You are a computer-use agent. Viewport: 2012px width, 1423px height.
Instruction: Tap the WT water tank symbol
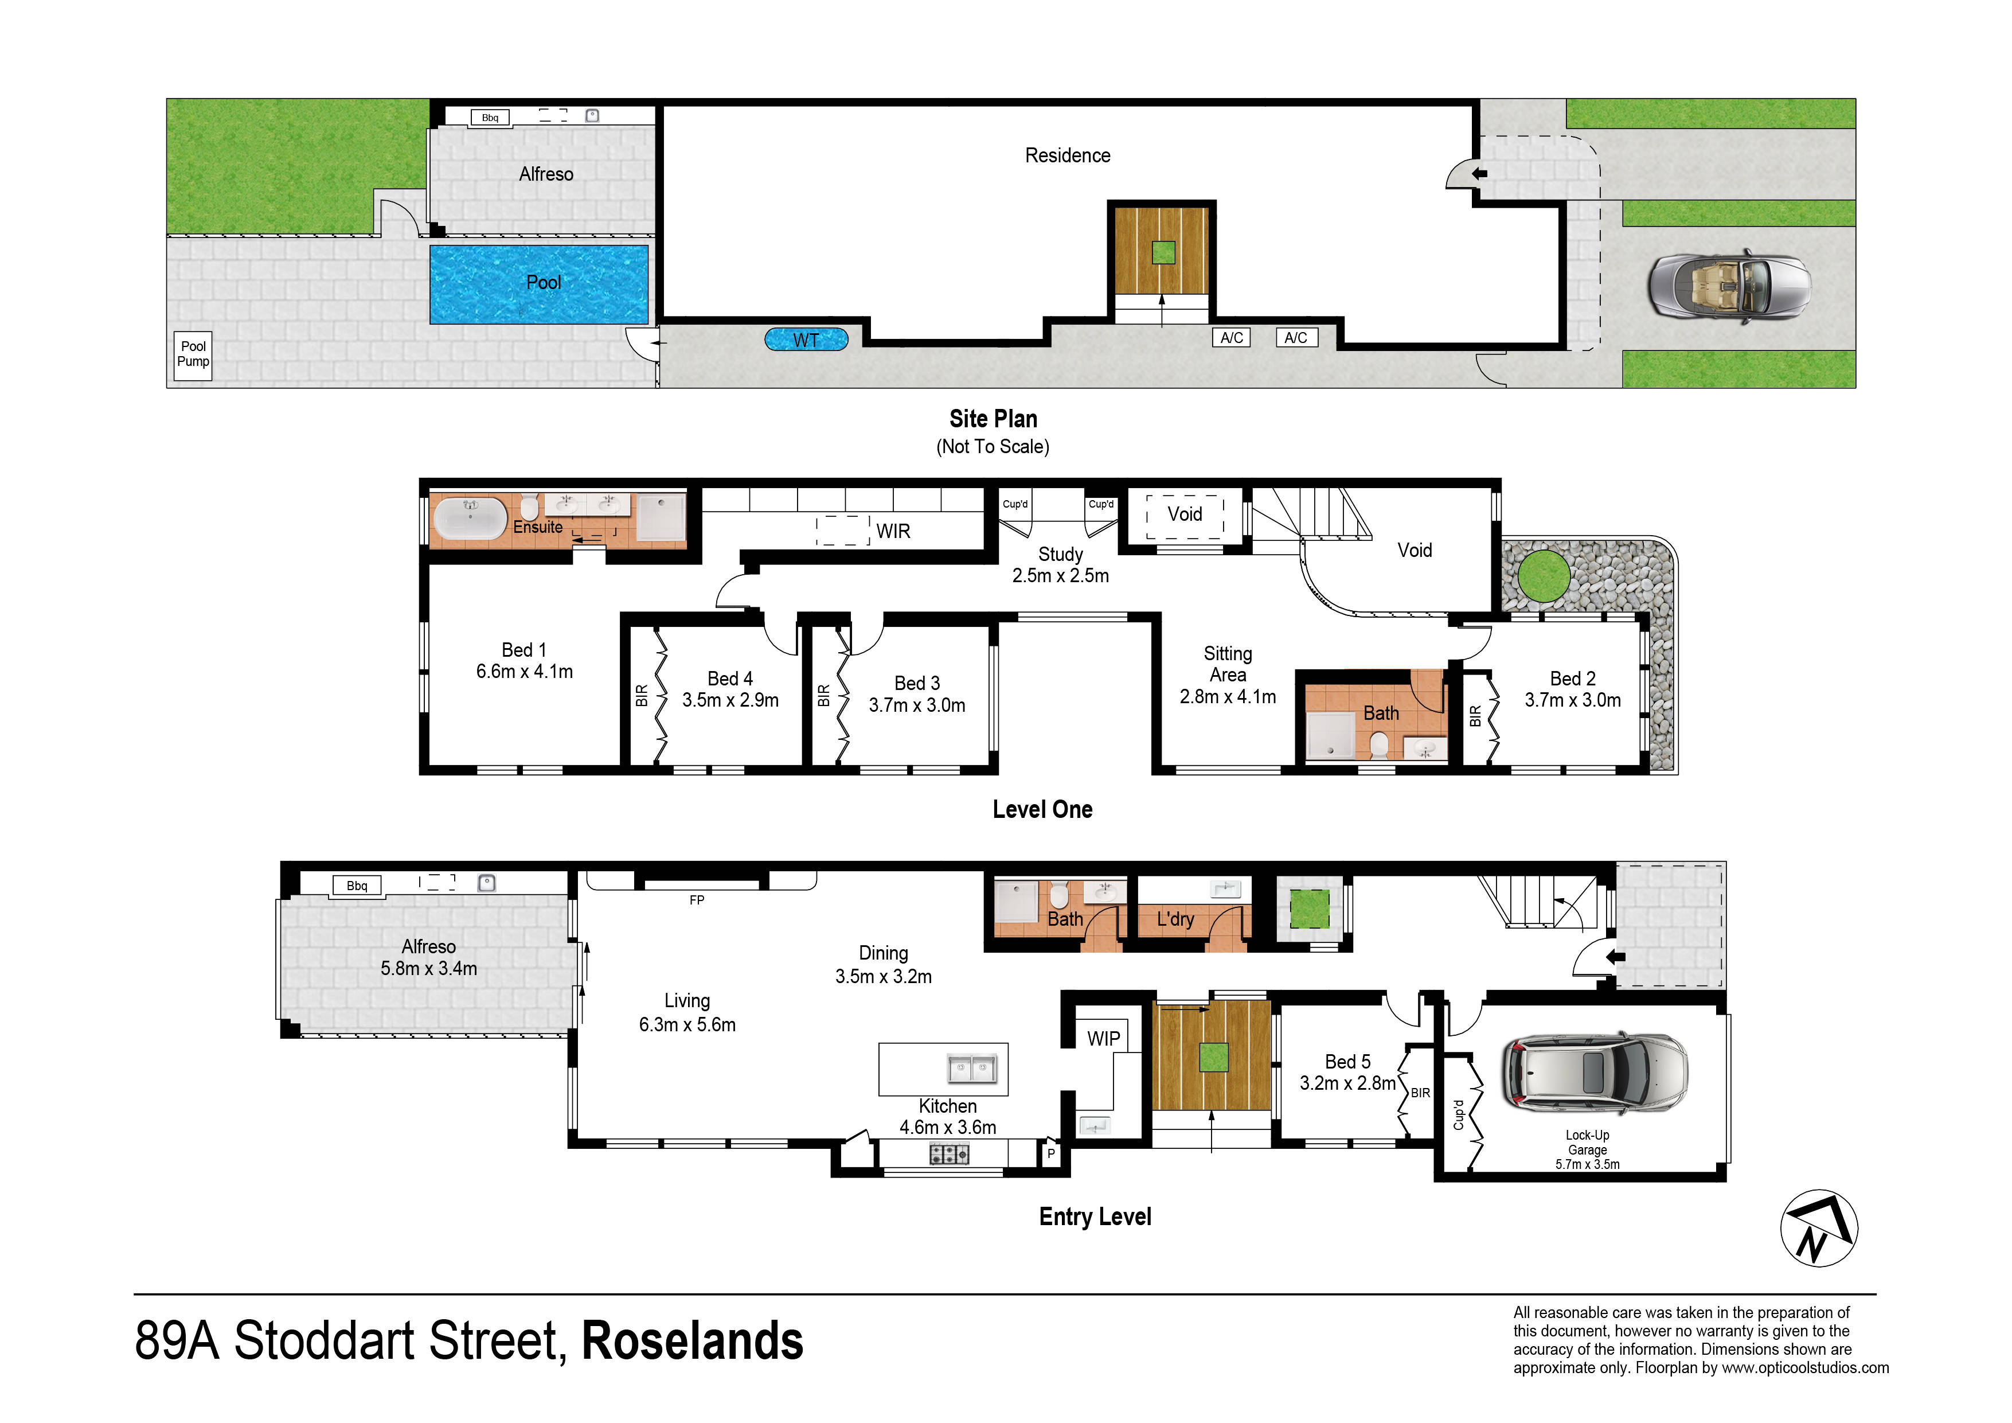click(806, 340)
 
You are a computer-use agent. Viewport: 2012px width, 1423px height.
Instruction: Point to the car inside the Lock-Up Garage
click(1596, 1074)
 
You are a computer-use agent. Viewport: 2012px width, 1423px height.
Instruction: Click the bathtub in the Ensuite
click(471, 518)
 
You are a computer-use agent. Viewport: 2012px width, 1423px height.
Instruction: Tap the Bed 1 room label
click(524, 650)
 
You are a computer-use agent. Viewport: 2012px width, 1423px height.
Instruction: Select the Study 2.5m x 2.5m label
click(1060, 564)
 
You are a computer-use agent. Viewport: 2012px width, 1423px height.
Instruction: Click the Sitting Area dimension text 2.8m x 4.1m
click(1228, 696)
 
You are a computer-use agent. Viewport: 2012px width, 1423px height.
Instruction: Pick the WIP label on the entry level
click(1103, 1038)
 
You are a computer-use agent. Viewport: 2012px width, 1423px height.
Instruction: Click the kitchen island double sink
click(972, 1069)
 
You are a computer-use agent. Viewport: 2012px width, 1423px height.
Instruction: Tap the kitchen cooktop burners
click(949, 1154)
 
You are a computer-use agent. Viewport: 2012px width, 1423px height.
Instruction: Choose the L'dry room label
click(1175, 919)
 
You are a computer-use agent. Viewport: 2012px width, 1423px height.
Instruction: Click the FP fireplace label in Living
click(697, 899)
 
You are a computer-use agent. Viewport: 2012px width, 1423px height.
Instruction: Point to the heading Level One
click(1042, 809)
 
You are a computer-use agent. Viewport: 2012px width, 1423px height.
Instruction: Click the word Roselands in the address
click(692, 1340)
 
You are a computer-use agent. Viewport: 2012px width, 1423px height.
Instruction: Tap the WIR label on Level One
click(893, 531)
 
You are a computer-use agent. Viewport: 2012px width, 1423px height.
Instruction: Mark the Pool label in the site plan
click(544, 282)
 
